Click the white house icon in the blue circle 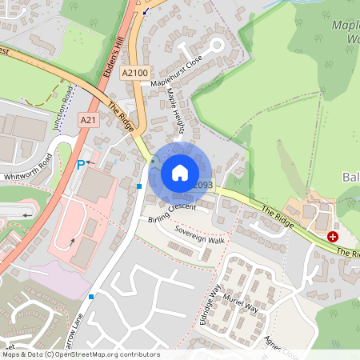(x=180, y=172)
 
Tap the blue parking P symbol (x=80, y=165)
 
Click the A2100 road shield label (x=134, y=72)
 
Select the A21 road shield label (x=88, y=119)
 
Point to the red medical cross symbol (x=333, y=237)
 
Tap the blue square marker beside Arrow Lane (x=92, y=297)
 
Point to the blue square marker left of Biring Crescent (x=139, y=186)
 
